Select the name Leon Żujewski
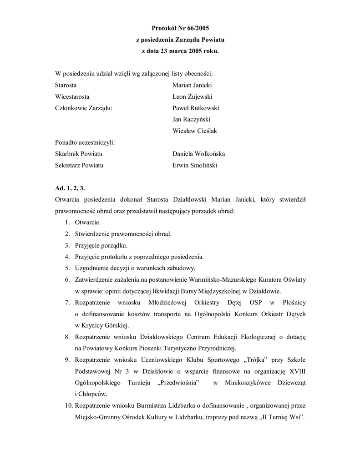[x=193, y=96]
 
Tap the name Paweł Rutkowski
[x=196, y=108]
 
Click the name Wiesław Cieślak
[x=195, y=131]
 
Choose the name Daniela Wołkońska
[x=198, y=154]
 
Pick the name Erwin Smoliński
[x=195, y=165]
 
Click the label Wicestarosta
[x=72, y=96]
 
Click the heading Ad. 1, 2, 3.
[x=70, y=188]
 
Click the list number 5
[x=66, y=268]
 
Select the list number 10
[x=67, y=405]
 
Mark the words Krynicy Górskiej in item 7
[x=104, y=325]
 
